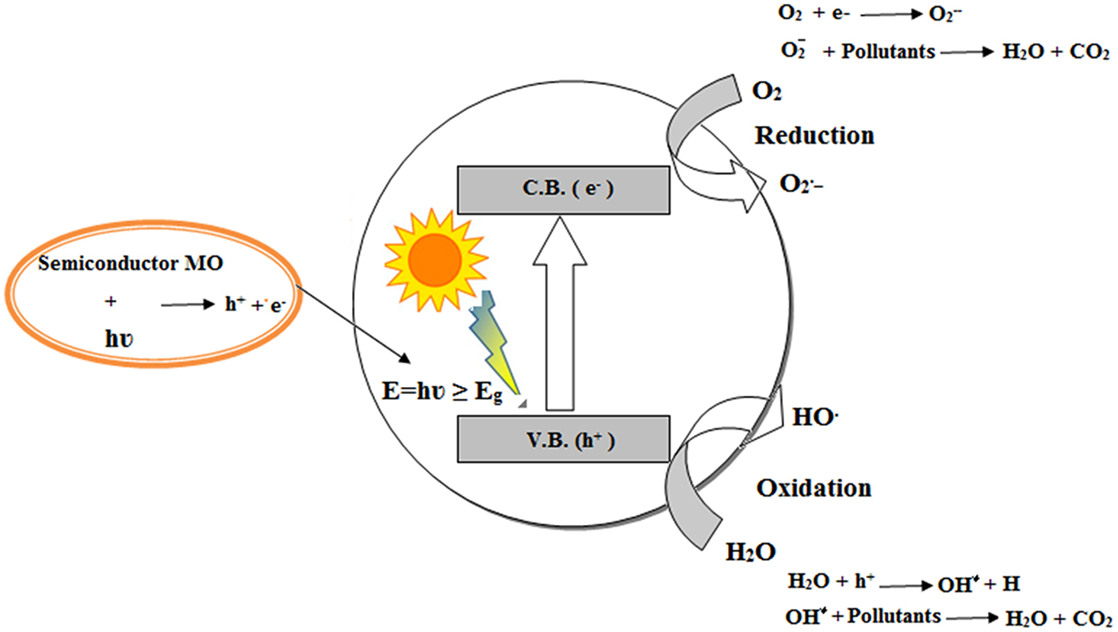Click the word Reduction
click(814, 136)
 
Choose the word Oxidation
click(814, 487)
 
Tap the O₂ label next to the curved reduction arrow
click(767, 91)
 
